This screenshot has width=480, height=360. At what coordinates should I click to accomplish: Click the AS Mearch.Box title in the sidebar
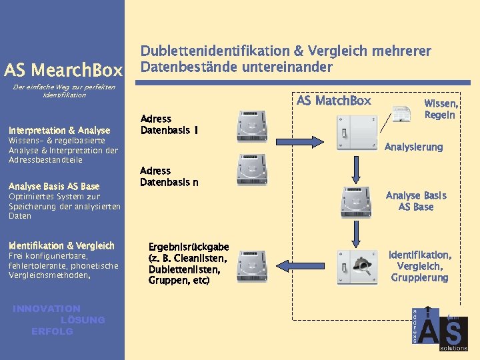(x=63, y=70)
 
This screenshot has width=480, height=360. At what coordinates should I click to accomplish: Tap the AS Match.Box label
(x=333, y=101)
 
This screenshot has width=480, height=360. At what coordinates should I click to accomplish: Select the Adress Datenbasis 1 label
(x=169, y=124)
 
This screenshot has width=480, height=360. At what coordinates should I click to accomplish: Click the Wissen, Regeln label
(x=441, y=109)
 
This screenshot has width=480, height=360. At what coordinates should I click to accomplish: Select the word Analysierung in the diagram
(x=413, y=147)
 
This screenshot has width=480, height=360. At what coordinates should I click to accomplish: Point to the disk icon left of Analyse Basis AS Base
(x=356, y=201)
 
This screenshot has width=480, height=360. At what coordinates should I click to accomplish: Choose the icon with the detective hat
(x=356, y=266)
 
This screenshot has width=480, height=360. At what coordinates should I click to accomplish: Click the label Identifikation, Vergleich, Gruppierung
(x=419, y=266)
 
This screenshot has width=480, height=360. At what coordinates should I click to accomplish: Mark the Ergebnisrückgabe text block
(x=188, y=263)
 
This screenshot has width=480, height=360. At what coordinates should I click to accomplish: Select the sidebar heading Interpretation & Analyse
(x=59, y=131)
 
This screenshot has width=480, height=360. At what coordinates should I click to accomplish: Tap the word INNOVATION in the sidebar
(x=47, y=309)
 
